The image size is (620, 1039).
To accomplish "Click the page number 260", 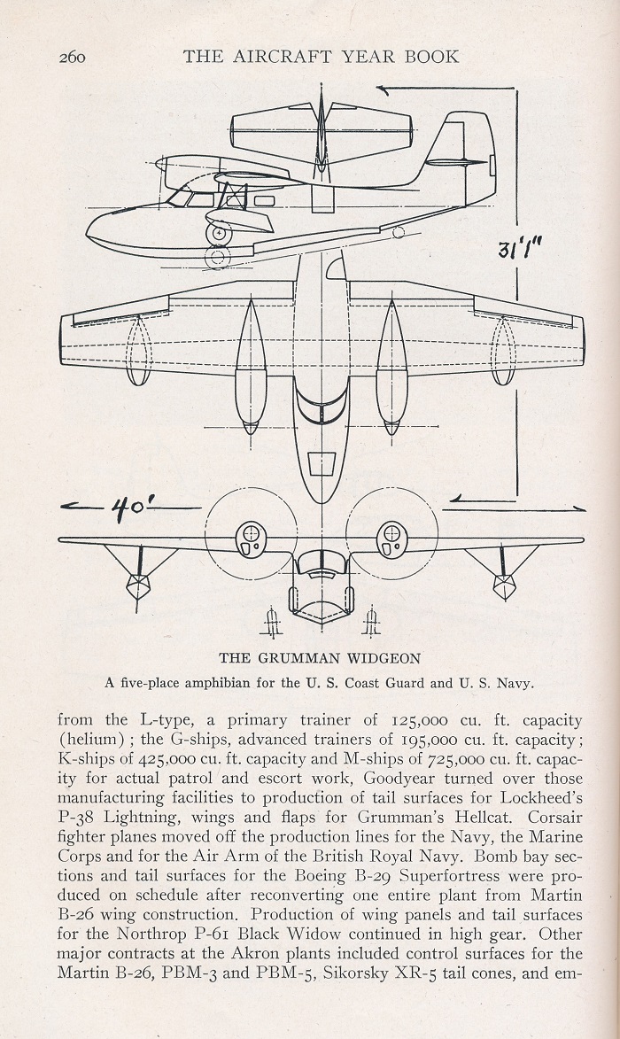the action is point(72,57).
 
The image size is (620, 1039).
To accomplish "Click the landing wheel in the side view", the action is point(219,234).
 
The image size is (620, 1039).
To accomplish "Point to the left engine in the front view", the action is point(252,539).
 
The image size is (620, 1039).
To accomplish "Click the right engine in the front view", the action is point(391,539).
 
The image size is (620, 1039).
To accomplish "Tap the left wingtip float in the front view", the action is point(138,585).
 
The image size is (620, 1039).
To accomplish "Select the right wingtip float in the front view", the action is point(504,584).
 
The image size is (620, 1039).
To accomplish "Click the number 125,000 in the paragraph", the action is point(419,720).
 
